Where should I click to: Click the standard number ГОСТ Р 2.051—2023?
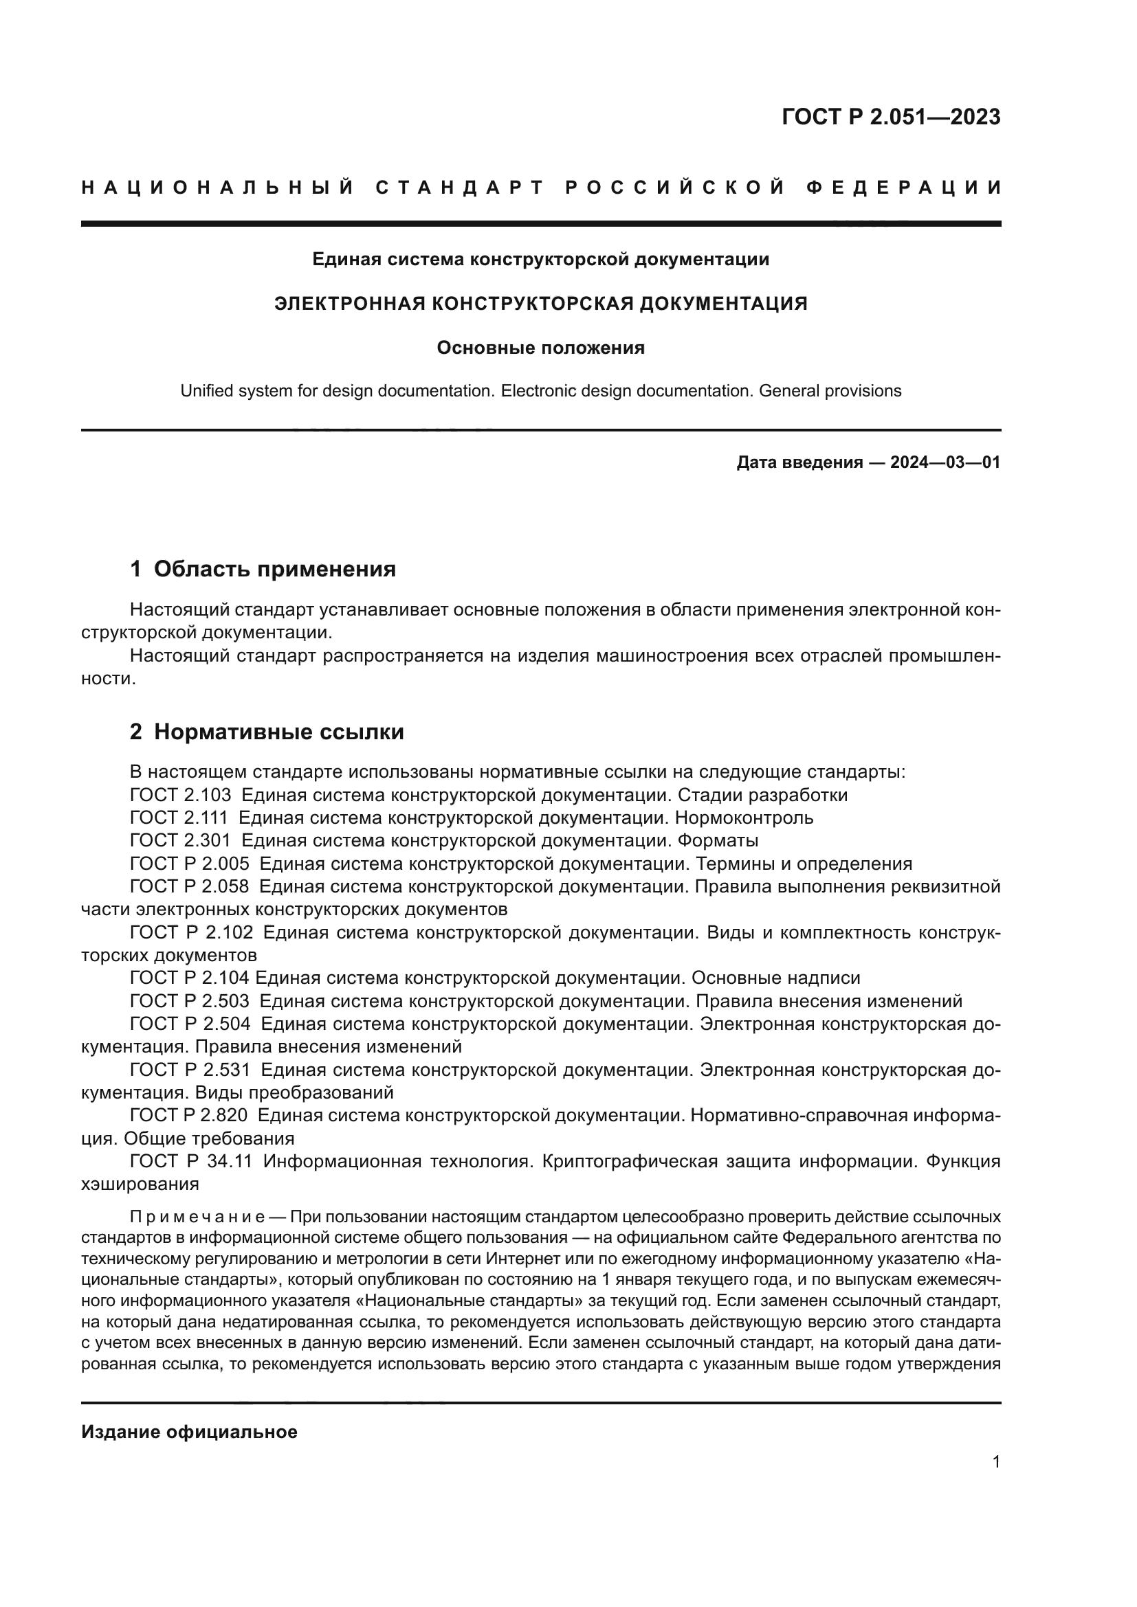tap(890, 117)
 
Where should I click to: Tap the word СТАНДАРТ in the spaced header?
tap(459, 188)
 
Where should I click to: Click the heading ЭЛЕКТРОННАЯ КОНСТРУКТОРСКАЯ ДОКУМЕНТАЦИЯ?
tap(540, 304)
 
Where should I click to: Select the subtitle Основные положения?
tap(540, 348)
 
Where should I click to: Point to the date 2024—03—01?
tap(945, 462)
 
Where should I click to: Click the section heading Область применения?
tap(274, 569)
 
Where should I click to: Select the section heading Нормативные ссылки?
tap(278, 732)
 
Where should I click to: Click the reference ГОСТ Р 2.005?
tap(189, 864)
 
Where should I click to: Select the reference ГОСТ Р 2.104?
tap(189, 978)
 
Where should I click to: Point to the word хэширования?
tap(140, 1184)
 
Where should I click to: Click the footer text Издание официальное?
tap(189, 1432)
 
